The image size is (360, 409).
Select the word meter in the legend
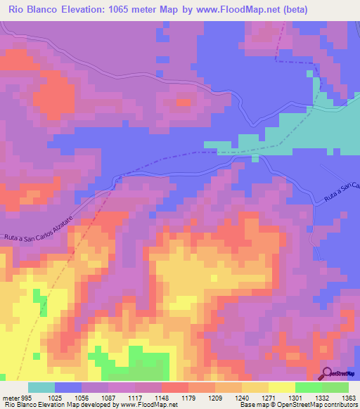click(10, 397)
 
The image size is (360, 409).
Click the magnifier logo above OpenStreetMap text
click(328, 372)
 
